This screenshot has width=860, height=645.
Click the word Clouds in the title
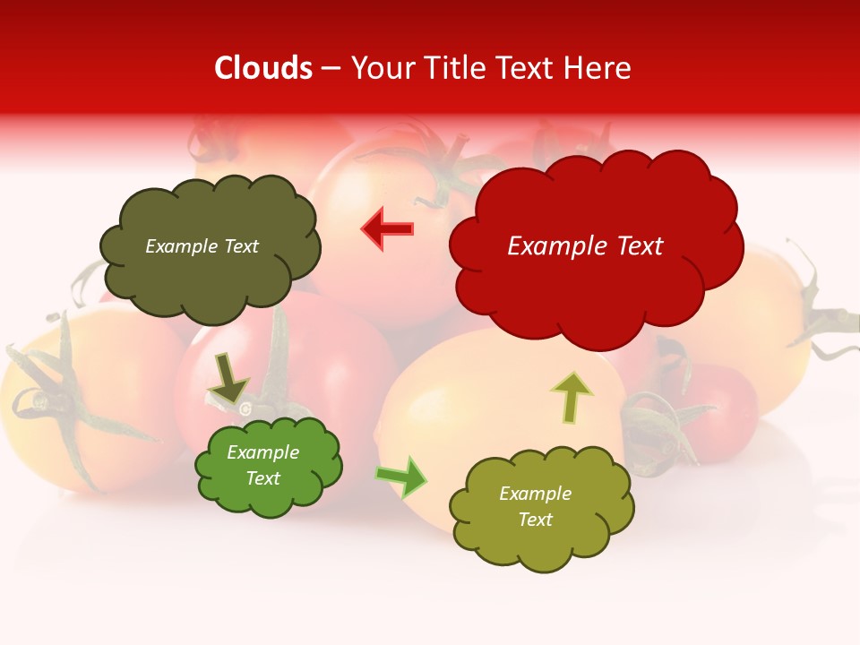(263, 68)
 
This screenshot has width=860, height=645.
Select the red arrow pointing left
(387, 229)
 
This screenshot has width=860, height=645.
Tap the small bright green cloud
(269, 497)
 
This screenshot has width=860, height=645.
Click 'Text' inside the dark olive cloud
(240, 246)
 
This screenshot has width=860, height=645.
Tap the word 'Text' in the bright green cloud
(263, 478)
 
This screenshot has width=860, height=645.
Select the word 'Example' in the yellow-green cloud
(535, 494)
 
